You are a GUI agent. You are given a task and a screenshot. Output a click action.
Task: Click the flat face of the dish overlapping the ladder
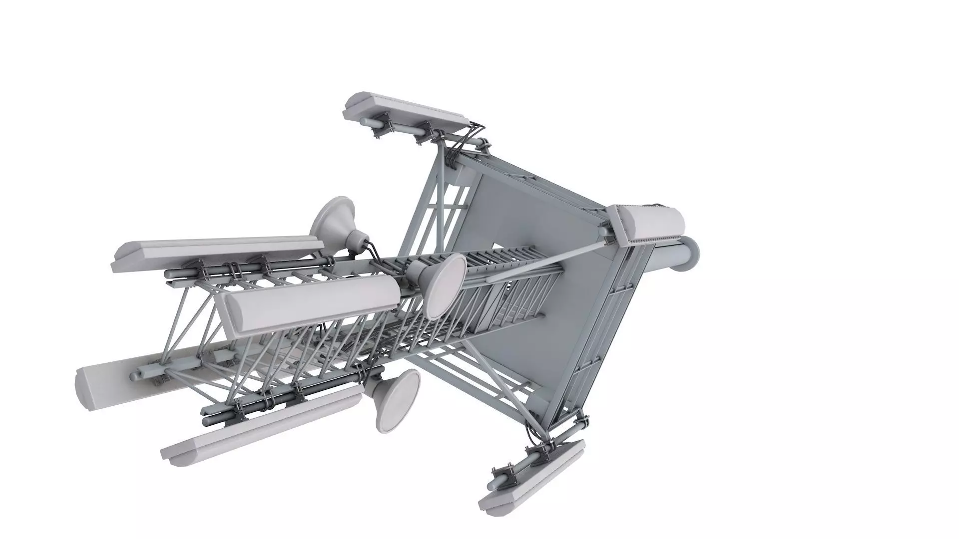[445, 285]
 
